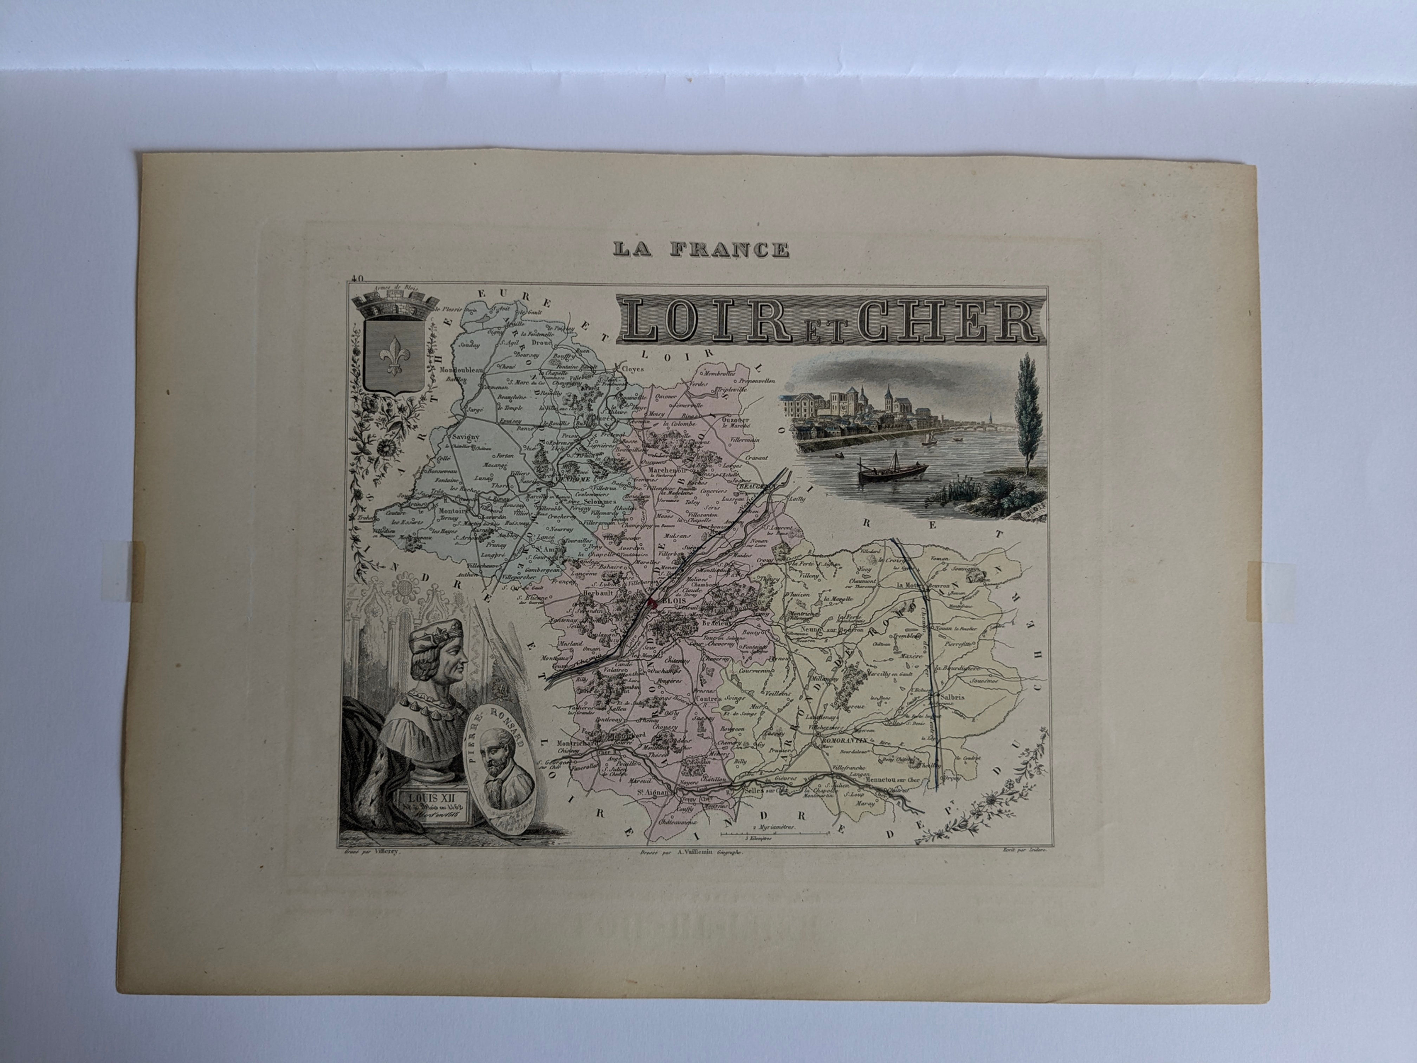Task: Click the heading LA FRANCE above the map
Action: click(700, 249)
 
